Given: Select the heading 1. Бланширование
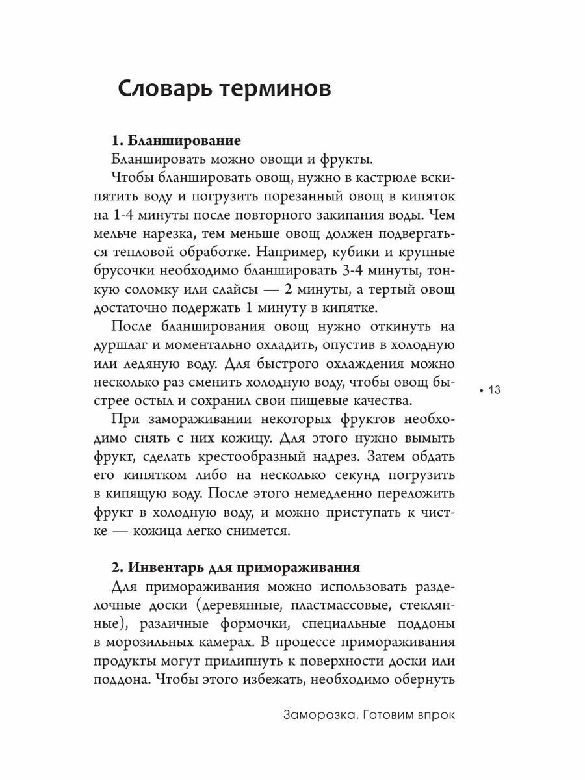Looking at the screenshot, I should (176, 140).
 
